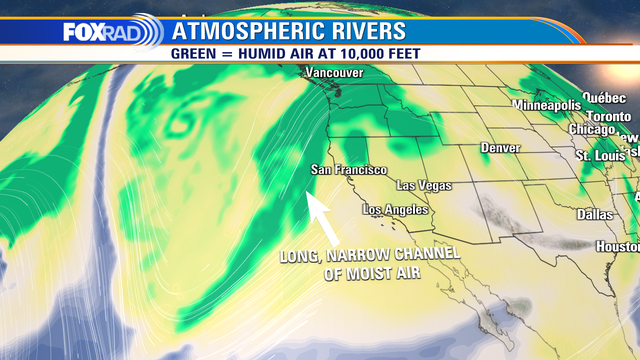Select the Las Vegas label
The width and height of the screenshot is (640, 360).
(424, 186)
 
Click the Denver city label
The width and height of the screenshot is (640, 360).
(500, 148)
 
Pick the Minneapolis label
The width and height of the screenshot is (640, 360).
(546, 105)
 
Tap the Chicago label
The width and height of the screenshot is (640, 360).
(591, 130)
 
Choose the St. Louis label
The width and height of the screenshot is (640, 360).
(599, 156)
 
